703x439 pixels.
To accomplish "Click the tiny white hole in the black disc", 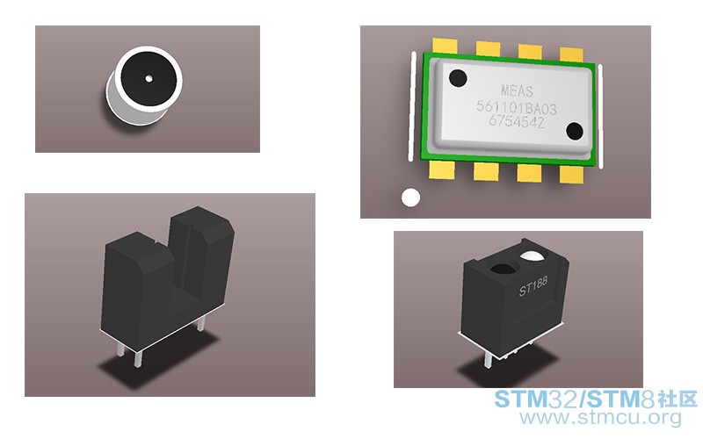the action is coord(149,79).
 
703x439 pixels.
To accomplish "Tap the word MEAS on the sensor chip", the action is coord(517,91).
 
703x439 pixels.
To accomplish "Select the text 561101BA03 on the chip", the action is coord(517,108).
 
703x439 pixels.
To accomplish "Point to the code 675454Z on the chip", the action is coord(517,121).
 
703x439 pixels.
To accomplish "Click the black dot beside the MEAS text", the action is coord(458,78).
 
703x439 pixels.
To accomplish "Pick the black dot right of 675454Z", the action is coord(575,131).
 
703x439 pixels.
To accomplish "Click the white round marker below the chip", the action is coord(410,198).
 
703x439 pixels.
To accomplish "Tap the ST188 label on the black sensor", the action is coord(533,286).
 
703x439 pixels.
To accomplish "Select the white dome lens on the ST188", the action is coord(532,255).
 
